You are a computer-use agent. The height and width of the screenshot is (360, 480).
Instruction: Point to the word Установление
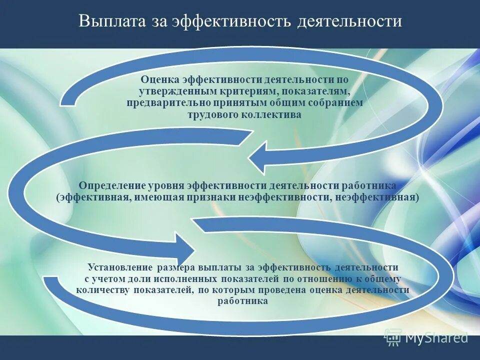coord(120,267)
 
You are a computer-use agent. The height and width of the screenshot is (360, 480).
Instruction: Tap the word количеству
coord(103,289)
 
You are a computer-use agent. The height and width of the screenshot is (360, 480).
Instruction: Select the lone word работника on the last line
coord(243,301)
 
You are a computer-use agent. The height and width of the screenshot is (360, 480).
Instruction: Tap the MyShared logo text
coord(436,338)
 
